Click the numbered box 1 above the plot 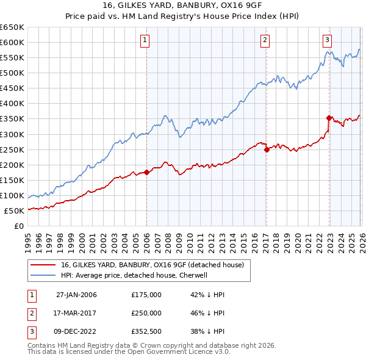(x=146, y=41)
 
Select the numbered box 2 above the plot (x=265, y=41)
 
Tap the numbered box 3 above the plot (x=327, y=41)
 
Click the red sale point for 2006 (x=146, y=172)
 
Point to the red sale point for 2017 (x=267, y=149)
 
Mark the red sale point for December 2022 (x=329, y=118)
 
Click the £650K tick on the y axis (x=12, y=27)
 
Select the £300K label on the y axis (x=12, y=134)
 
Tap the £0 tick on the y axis (x=19, y=226)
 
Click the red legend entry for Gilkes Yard (x=152, y=265)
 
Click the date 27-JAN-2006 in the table (x=76, y=295)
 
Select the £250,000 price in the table (x=146, y=313)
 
